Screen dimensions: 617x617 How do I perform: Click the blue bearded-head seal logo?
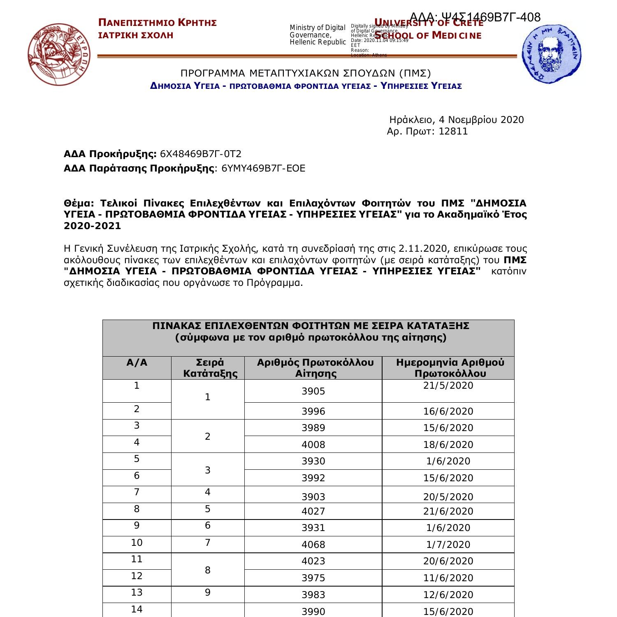[552, 53]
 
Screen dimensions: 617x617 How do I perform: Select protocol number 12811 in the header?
[453, 132]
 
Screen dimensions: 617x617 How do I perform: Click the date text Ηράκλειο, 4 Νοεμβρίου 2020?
[457, 120]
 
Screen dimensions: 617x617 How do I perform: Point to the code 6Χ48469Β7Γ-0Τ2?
[201, 154]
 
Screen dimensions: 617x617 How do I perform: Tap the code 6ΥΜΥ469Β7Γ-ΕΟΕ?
[263, 168]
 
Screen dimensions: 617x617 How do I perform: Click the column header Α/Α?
[137, 363]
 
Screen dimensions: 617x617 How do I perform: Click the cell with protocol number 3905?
[313, 391]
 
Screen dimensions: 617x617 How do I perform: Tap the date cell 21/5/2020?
[448, 386]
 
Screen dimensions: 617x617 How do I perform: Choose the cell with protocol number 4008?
[313, 445]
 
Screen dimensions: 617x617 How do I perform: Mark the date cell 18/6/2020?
[448, 445]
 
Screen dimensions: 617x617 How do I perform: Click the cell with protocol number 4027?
[313, 511]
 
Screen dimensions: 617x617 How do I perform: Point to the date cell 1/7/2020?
[448, 545]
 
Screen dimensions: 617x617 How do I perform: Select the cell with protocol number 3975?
[313, 578]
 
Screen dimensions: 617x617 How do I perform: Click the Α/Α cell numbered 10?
[137, 543]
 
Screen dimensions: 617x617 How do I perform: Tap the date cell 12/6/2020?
[448, 595]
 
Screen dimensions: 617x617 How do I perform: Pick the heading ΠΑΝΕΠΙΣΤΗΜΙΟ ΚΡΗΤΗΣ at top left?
[158, 23]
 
